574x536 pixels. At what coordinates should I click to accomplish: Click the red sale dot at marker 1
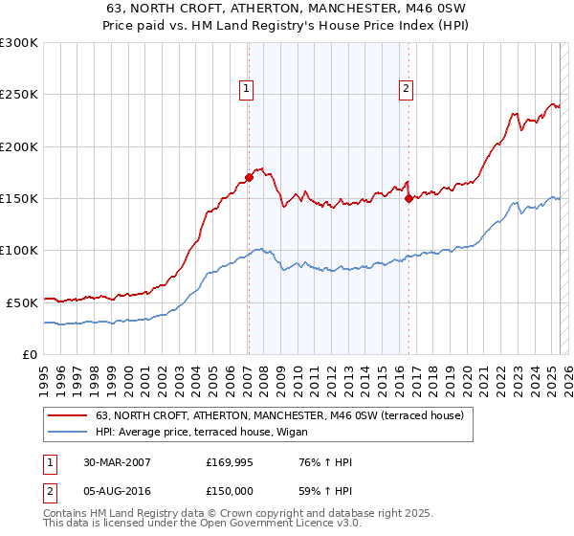click(249, 177)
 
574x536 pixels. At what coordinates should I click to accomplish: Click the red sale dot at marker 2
click(408, 198)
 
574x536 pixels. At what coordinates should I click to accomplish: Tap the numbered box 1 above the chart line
click(246, 89)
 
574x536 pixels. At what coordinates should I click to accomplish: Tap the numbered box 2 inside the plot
click(406, 89)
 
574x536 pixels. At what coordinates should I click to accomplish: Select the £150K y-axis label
click(19, 198)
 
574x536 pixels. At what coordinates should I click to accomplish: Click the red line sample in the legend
click(67, 415)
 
